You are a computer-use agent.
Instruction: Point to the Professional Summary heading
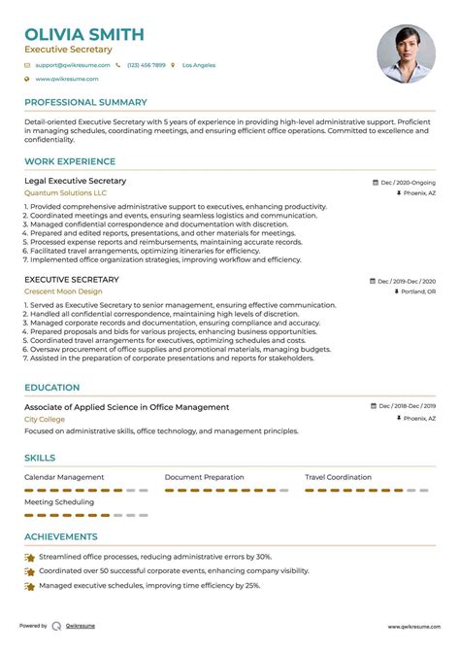85,102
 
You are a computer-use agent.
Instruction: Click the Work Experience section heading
70,161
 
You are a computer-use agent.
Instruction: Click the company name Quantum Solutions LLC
66,193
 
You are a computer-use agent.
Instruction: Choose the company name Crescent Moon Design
64,292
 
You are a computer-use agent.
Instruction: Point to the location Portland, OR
417,291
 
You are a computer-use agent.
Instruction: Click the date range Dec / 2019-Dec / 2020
406,280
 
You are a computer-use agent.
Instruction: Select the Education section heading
52,387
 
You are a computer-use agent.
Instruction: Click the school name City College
45,419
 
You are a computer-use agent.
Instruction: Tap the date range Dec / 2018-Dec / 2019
406,406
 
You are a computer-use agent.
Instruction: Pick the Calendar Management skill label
64,477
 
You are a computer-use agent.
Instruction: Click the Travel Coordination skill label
338,477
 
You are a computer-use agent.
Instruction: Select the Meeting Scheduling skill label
60,503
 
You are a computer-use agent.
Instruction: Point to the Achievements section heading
60,536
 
